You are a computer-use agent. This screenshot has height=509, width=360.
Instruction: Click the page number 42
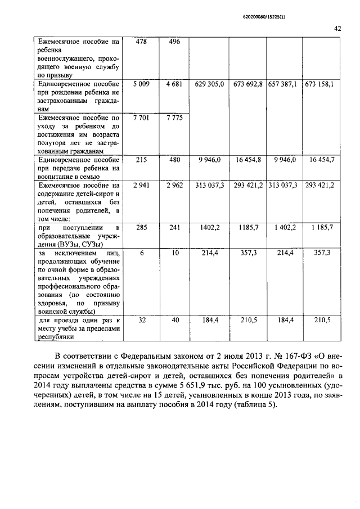click(337, 28)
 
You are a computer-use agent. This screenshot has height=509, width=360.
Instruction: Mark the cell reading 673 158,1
click(319, 84)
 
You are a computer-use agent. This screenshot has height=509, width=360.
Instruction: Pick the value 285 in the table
click(142, 227)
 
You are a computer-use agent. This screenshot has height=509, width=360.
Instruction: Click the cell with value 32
click(142, 319)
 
